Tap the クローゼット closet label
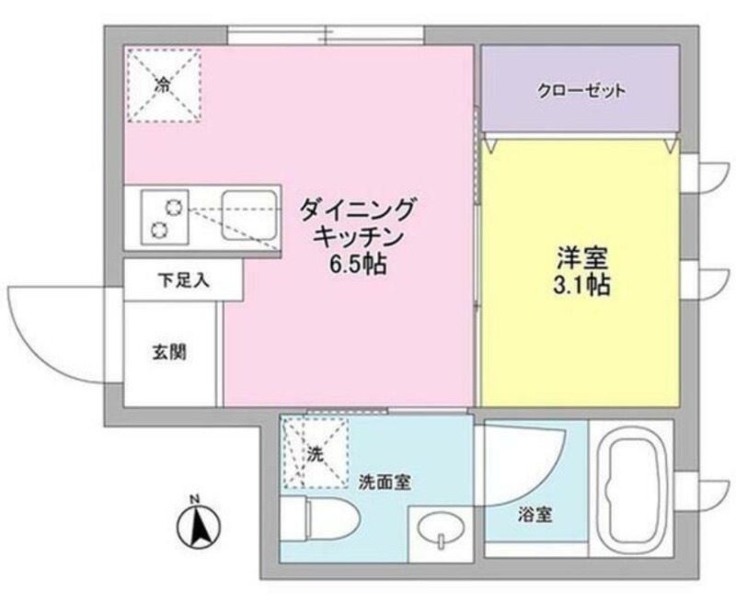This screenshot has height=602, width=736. click(x=581, y=90)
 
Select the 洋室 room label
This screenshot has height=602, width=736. click(x=582, y=257)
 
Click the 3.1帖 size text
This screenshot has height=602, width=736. click(x=581, y=284)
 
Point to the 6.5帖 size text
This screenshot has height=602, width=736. click(x=359, y=265)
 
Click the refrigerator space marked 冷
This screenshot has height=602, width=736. click(x=165, y=85)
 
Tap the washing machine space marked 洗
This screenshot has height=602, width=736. click(x=316, y=453)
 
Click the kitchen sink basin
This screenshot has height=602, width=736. click(x=248, y=215)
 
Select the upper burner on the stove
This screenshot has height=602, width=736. click(x=172, y=206)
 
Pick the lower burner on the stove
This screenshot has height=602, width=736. click(x=158, y=229)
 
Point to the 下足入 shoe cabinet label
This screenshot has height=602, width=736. click(x=183, y=280)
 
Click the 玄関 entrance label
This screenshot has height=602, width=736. click(x=169, y=352)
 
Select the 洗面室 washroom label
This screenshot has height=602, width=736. click(x=385, y=482)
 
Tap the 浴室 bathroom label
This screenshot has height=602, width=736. click(x=535, y=515)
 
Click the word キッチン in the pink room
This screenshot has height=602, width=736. click(x=358, y=238)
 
